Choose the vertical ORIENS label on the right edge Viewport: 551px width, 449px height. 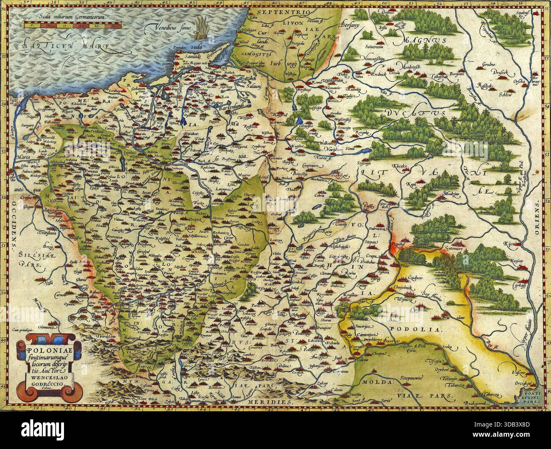pos(537,217)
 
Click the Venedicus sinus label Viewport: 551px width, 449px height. pos(166,29)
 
